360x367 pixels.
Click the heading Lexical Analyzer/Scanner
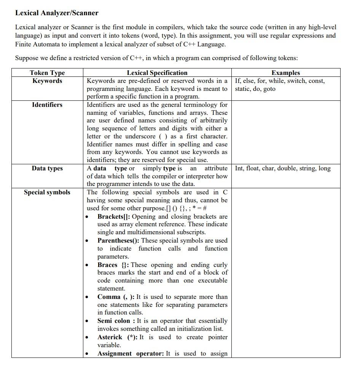click(57, 13)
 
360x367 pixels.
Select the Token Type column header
click(47, 73)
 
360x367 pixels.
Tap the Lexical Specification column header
click(157, 73)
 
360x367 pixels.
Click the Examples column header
click(285, 73)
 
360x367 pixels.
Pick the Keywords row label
click(47, 81)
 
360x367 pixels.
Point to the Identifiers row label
click(47, 105)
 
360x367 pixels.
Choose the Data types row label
click(47, 168)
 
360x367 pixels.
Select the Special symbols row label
click(47, 192)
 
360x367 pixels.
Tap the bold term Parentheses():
click(118, 240)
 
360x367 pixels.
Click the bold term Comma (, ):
click(116, 297)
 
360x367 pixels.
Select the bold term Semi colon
click(114, 321)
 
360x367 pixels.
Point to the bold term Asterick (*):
click(118, 337)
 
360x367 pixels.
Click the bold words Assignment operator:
click(131, 353)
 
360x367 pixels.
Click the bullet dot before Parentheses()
click(88, 241)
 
